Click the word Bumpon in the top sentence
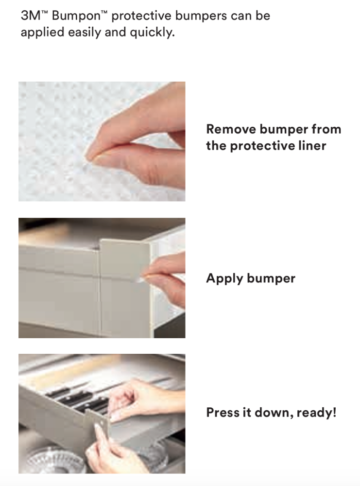(76, 16)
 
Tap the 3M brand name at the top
(30, 15)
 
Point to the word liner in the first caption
(312, 145)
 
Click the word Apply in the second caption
(224, 278)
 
